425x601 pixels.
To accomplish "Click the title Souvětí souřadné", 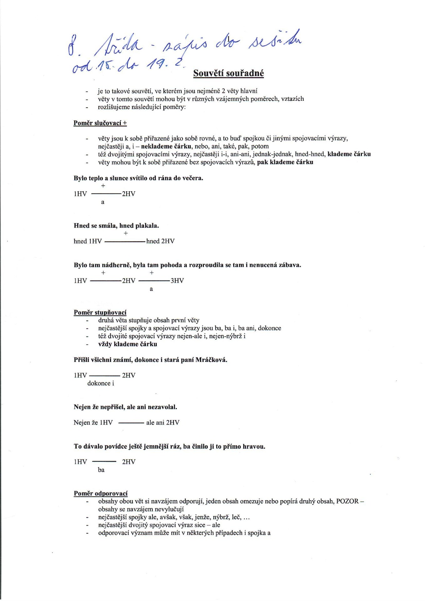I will (228, 73).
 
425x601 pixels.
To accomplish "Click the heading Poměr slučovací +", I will (100, 123).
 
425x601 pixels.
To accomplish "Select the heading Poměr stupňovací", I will (100, 312).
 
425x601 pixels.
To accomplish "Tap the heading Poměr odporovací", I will (101, 493).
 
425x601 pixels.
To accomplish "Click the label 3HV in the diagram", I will (177, 281).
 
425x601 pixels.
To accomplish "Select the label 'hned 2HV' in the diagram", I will (160, 241).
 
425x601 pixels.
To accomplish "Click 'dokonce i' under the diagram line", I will (101, 383).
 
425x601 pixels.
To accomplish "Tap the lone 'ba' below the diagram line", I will (101, 470).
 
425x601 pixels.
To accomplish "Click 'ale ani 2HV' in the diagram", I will (163, 423).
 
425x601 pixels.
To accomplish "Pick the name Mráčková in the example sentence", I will (211, 360).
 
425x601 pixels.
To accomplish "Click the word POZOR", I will (347, 501).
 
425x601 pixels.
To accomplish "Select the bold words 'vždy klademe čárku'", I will (128, 344).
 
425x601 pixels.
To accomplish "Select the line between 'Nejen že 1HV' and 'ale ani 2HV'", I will (131, 423).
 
